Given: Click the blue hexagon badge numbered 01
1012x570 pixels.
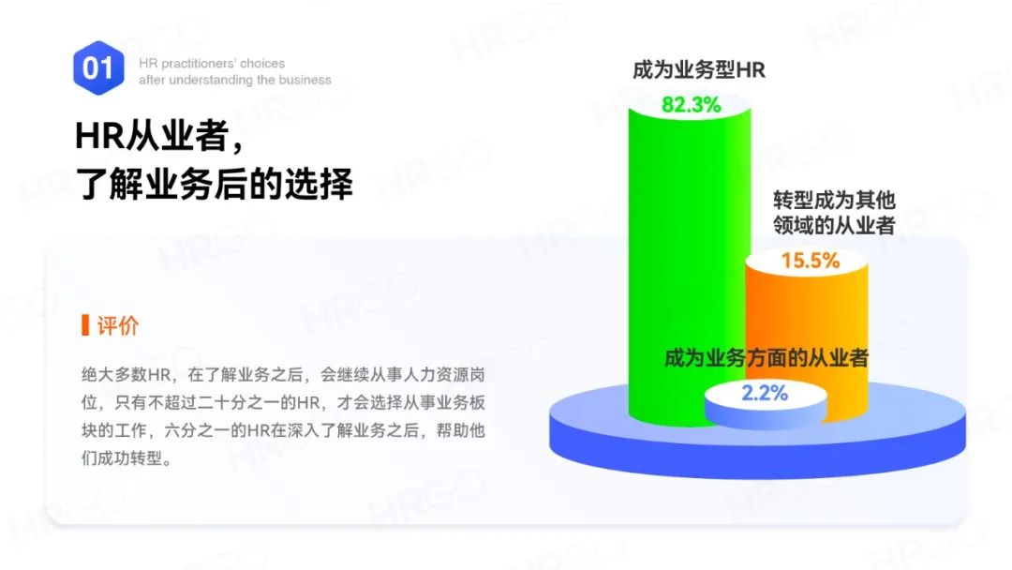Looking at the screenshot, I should pos(98,67).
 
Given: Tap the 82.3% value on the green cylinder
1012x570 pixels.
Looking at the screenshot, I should pos(692,105).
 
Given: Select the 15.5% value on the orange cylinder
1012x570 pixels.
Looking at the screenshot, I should pos(811,261).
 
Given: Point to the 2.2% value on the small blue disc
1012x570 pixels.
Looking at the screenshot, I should pos(765,393).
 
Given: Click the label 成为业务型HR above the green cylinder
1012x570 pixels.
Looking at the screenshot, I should pos(698,70).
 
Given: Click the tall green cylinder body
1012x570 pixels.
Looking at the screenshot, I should pos(675,244).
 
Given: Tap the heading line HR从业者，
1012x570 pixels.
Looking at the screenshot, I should pos(159,138).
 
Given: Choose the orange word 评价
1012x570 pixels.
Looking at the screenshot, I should pos(118,325).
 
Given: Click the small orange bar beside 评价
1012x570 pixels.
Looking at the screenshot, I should pos(85,325).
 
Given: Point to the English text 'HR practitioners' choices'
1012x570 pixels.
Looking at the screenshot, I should pos(212,64).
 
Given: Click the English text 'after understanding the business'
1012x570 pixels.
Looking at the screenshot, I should pos(235,81).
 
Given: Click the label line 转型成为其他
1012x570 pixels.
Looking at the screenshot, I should pos(834,201).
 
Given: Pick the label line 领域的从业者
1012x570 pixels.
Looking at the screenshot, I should pos(834,226).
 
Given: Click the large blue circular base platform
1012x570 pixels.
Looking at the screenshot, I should pos(600,431).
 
